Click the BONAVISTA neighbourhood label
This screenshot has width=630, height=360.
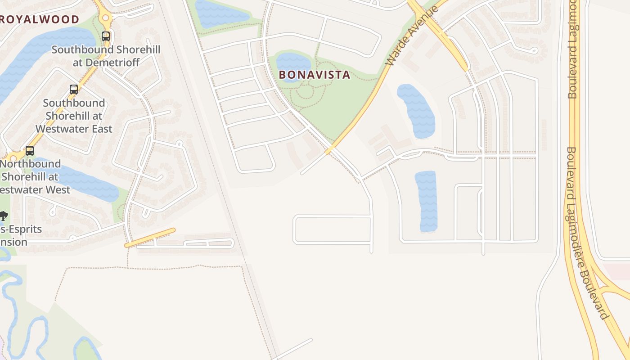pyautogui.click(x=314, y=75)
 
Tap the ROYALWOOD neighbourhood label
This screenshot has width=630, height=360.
pyautogui.click(x=40, y=19)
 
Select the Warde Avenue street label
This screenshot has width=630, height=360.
pyautogui.click(x=412, y=36)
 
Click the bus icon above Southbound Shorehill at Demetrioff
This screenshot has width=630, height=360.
pyautogui.click(x=106, y=36)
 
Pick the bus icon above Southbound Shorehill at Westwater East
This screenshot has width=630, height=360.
pyautogui.click(x=74, y=89)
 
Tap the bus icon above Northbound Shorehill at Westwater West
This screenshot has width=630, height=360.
pyautogui.click(x=30, y=150)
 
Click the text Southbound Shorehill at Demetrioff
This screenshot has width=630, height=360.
pyautogui.click(x=106, y=56)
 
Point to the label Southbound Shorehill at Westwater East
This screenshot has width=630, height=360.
pyautogui.click(x=74, y=116)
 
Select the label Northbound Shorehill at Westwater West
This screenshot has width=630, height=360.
pyautogui.click(x=31, y=176)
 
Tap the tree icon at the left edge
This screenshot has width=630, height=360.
pyautogui.click(x=4, y=216)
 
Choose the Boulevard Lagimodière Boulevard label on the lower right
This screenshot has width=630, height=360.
pyautogui.click(x=585, y=234)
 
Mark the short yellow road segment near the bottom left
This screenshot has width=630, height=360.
pyautogui.click(x=150, y=238)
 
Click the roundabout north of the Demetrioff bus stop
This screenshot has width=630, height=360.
pyautogui.click(x=106, y=18)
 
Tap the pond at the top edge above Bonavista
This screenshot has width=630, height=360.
pyautogui.click(x=220, y=13)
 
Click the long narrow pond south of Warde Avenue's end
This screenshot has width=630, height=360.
pyautogui.click(x=426, y=201)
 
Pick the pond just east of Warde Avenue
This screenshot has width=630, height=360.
pyautogui.click(x=417, y=111)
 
